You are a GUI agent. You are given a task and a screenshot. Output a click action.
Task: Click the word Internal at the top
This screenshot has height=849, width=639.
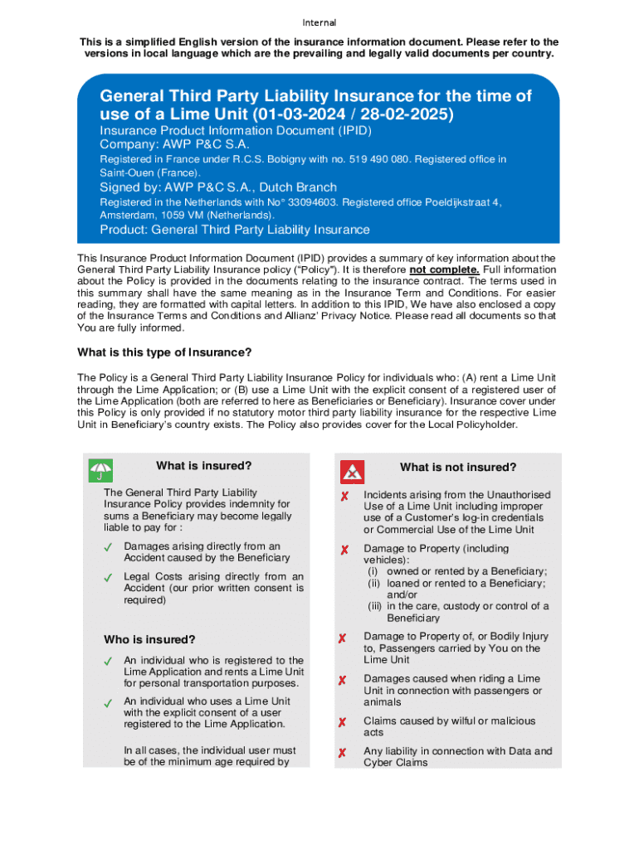click(x=319, y=22)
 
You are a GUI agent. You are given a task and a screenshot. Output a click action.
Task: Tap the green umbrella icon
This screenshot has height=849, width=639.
click(x=101, y=471)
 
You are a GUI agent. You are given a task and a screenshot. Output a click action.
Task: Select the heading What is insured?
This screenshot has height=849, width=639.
click(x=203, y=466)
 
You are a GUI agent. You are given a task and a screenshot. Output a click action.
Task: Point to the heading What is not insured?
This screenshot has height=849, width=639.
click(x=458, y=468)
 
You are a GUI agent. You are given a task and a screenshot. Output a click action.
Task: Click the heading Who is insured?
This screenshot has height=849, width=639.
click(x=149, y=639)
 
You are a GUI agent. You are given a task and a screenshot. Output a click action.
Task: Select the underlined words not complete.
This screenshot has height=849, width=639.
click(x=443, y=270)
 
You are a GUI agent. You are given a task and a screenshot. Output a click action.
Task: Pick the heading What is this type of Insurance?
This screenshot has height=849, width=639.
click(x=164, y=352)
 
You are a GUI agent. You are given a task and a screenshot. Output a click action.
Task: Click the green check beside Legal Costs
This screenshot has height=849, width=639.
click(x=108, y=577)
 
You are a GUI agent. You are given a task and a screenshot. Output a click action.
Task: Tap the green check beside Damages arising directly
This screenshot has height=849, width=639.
click(x=108, y=547)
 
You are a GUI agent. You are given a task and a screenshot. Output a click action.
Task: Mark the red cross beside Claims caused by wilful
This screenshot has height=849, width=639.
click(x=342, y=722)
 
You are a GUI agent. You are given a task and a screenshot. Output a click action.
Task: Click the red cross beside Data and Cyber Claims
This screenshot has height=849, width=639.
click(x=342, y=753)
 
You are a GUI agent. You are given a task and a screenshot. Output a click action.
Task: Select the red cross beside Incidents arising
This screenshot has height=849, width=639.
click(x=342, y=496)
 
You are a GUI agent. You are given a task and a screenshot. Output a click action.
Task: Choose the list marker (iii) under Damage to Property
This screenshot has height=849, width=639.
click(x=376, y=606)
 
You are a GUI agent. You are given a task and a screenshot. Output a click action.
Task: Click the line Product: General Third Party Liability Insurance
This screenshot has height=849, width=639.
click(x=235, y=230)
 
